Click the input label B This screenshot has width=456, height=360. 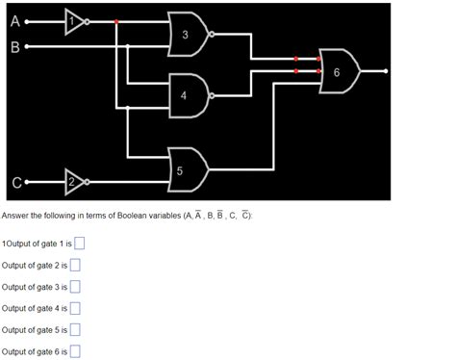pos(13,46)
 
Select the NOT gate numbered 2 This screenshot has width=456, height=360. pos(76,181)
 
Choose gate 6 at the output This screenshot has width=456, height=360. pos(340,71)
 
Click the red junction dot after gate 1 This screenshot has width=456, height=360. pos(116,20)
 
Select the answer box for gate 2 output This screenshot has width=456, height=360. pos(74,265)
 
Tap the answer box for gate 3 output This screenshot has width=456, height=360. pos(74,287)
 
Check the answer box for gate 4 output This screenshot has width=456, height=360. pos(74,308)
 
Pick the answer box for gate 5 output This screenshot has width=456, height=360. pos(74,330)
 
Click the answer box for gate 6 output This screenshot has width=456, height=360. pos(74,352)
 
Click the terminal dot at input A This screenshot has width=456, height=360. pos(28,20)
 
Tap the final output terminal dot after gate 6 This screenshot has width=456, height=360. pos(386,71)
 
